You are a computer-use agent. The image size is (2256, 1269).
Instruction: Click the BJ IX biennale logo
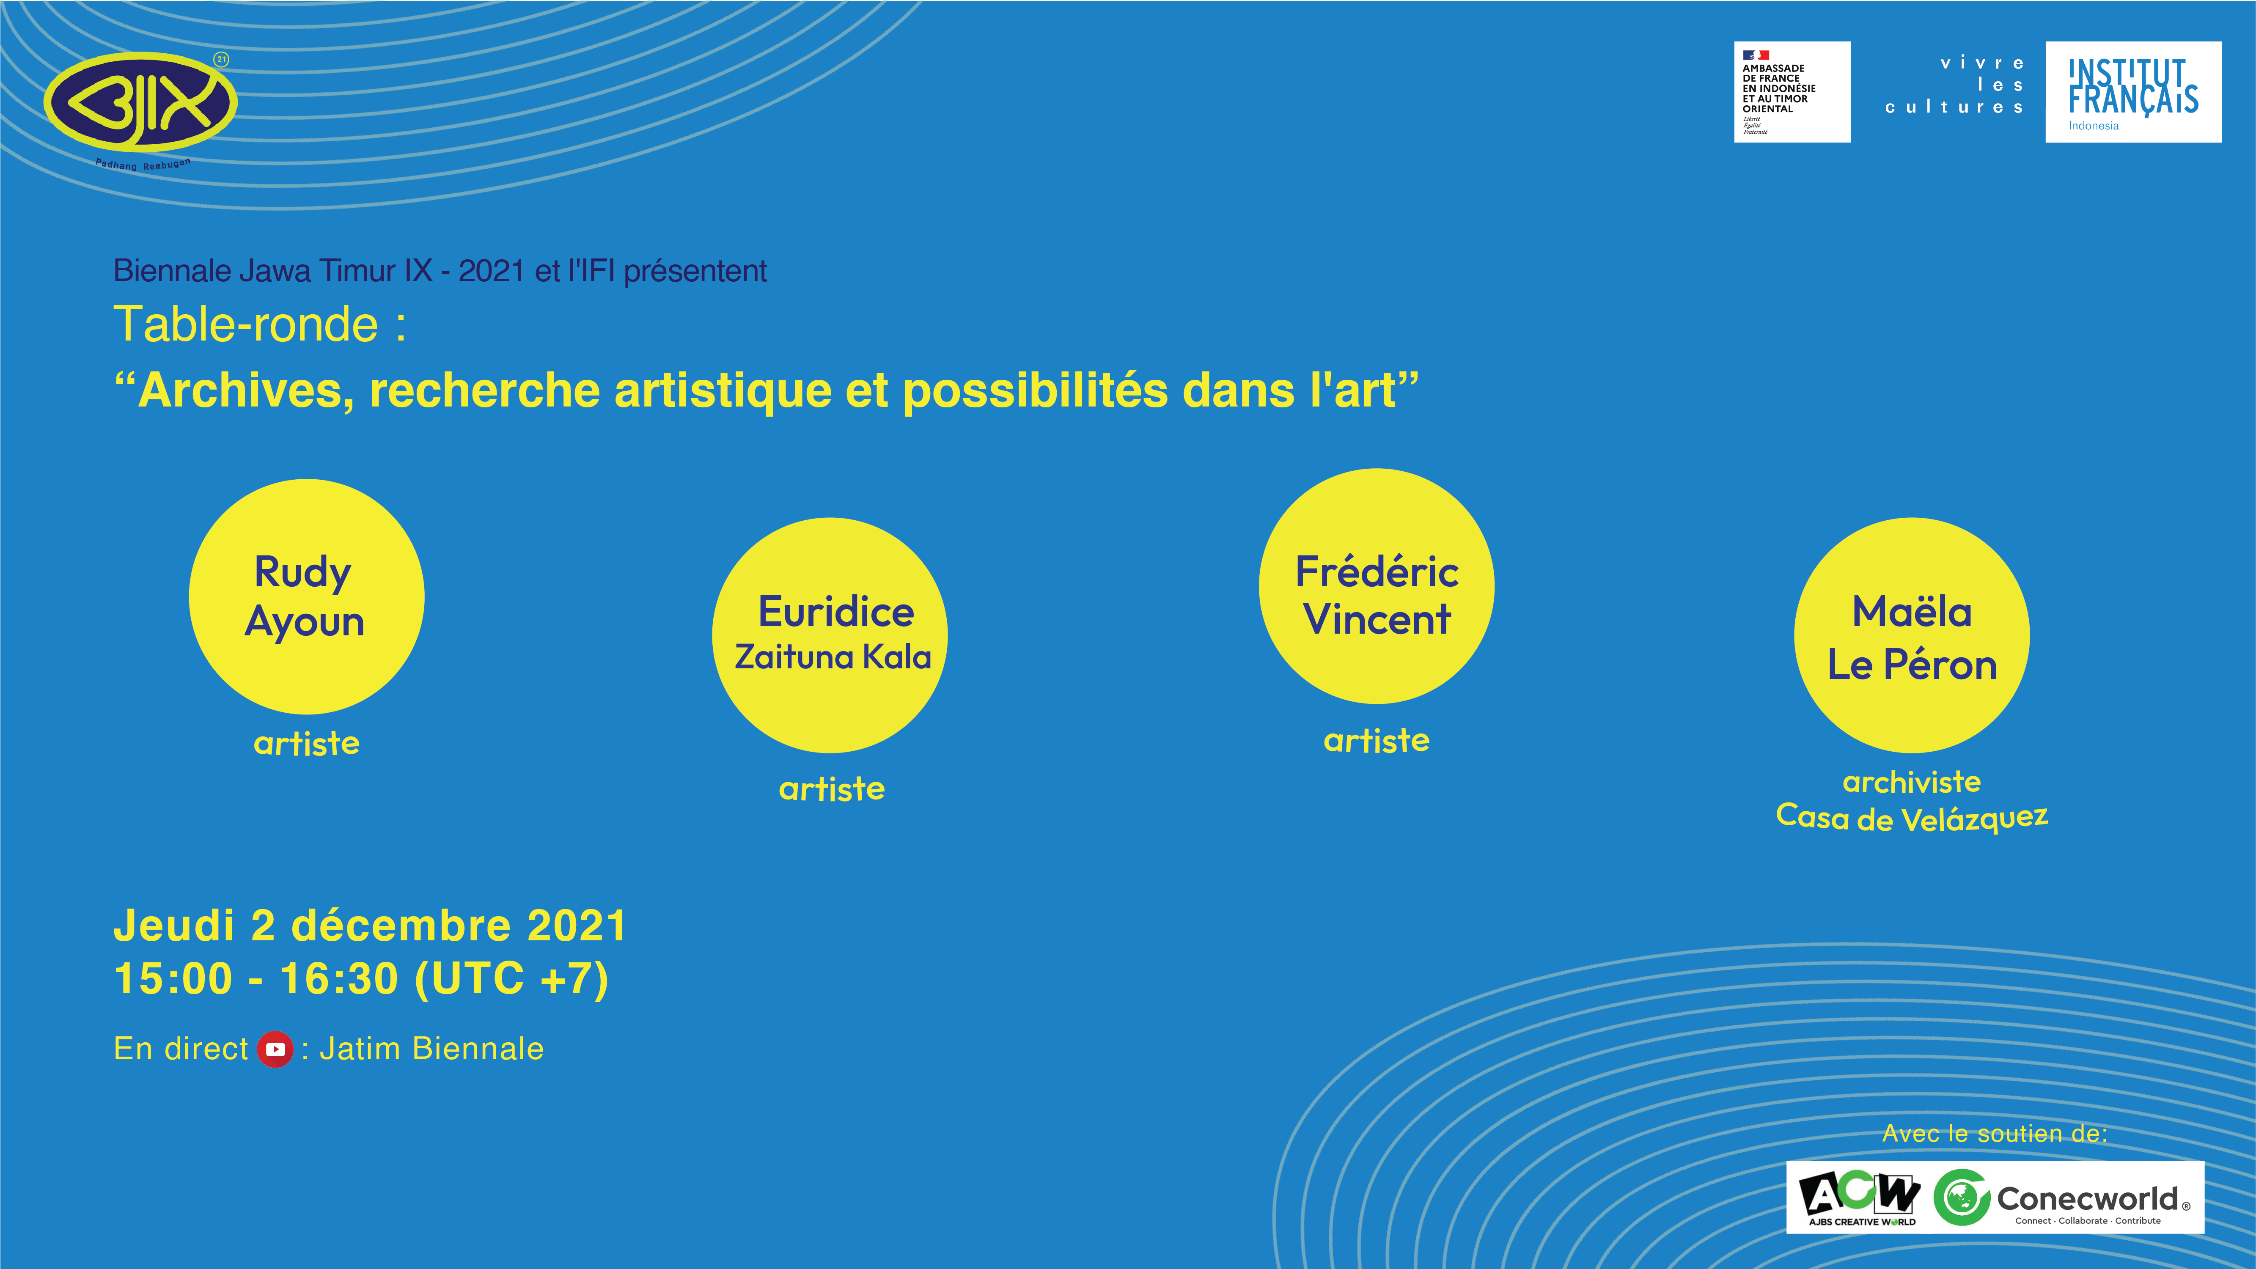[x=140, y=105]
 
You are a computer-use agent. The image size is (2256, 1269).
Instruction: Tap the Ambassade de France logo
[x=1792, y=92]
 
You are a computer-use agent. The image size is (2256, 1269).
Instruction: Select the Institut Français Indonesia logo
[x=2133, y=92]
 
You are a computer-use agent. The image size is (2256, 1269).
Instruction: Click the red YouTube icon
[x=275, y=1049]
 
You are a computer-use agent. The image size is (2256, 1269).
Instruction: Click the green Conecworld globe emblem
[x=1962, y=1197]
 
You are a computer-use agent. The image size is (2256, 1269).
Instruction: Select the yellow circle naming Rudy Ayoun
[x=307, y=596]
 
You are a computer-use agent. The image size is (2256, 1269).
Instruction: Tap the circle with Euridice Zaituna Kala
[x=830, y=635]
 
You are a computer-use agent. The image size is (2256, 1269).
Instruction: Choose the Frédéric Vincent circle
[x=1377, y=586]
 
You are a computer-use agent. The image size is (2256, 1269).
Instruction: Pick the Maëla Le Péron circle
[x=1912, y=635]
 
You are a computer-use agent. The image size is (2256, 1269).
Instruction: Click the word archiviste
[x=1912, y=781]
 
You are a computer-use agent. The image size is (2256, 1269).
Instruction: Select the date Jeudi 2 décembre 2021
[x=371, y=926]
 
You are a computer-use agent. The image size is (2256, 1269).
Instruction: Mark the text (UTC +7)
[x=511, y=979]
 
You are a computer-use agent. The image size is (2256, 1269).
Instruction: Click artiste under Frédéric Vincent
[x=1377, y=741]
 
